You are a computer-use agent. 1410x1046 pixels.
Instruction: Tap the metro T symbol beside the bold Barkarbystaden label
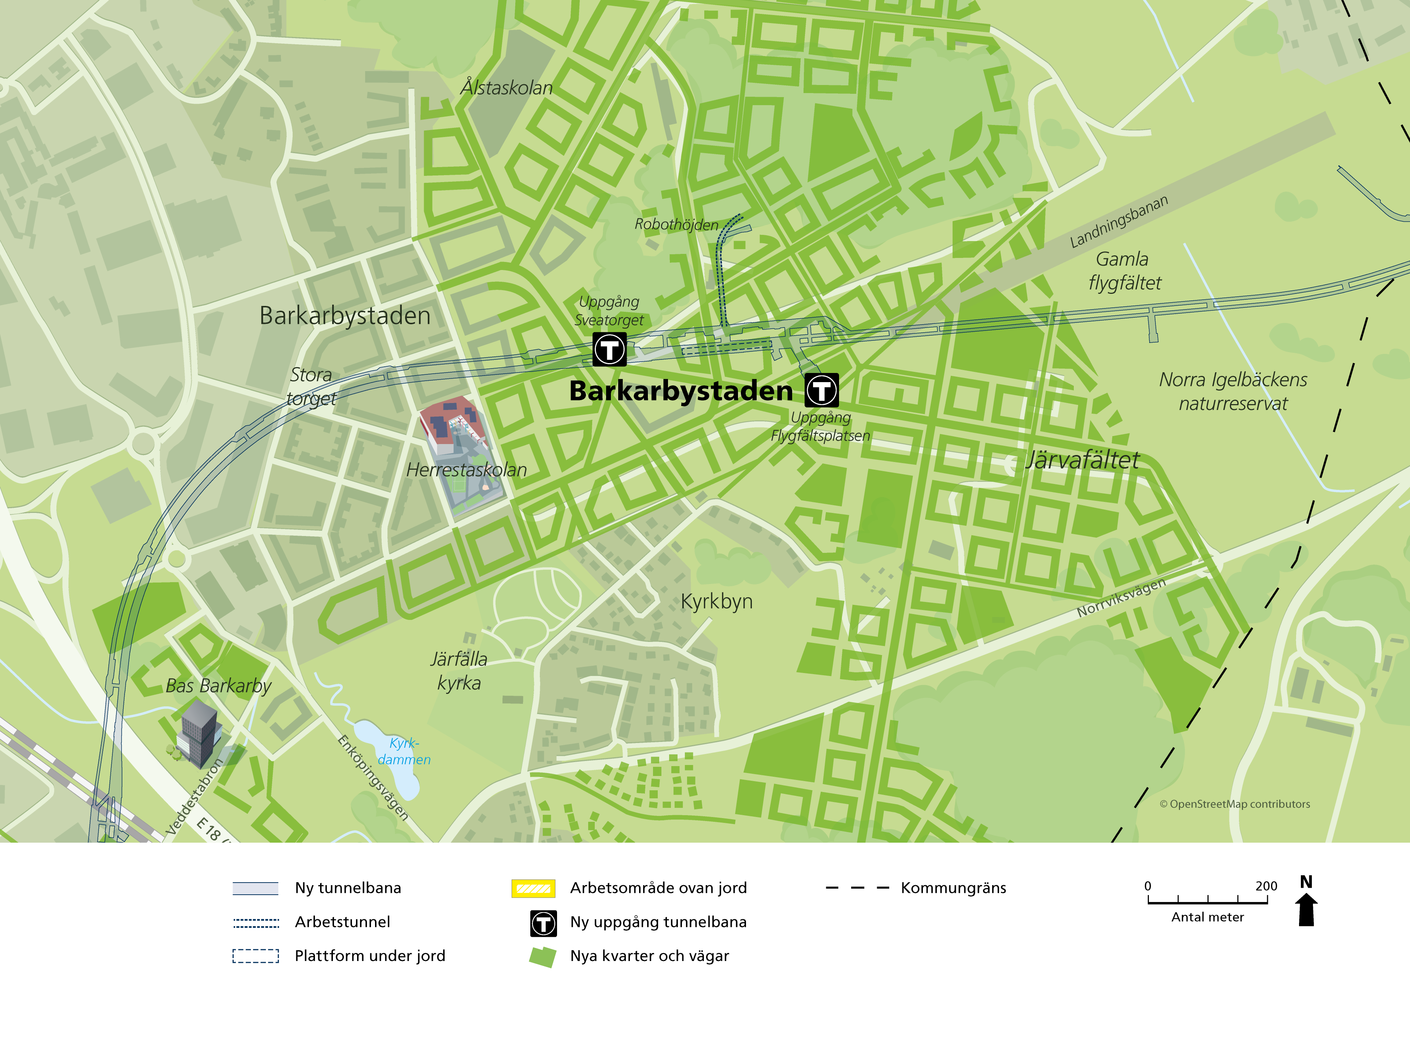pyautogui.click(x=821, y=390)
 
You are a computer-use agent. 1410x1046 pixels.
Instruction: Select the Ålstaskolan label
pyautogui.click(x=506, y=87)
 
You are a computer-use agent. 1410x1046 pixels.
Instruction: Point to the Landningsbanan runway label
pyautogui.click(x=1118, y=222)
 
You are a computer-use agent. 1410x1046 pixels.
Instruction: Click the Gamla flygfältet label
pyautogui.click(x=1124, y=271)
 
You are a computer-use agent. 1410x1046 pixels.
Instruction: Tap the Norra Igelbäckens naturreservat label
pyautogui.click(x=1233, y=391)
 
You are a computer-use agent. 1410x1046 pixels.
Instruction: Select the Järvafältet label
pyautogui.click(x=1082, y=460)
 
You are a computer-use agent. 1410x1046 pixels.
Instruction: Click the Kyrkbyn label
pyautogui.click(x=716, y=601)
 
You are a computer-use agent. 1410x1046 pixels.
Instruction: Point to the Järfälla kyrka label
pyautogui.click(x=459, y=671)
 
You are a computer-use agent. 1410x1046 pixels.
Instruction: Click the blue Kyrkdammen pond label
pyautogui.click(x=404, y=751)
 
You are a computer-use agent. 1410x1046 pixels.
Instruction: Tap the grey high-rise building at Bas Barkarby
pyautogui.click(x=199, y=731)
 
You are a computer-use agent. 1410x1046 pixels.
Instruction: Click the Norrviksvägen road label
pyautogui.click(x=1121, y=598)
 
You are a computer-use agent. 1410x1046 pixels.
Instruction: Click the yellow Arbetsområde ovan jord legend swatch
pyautogui.click(x=533, y=888)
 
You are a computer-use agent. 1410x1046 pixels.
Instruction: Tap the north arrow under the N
pyautogui.click(x=1306, y=910)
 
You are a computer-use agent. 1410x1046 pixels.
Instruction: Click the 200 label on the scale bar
pyautogui.click(x=1266, y=886)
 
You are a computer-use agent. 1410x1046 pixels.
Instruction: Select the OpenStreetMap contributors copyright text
pyautogui.click(x=1234, y=804)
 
